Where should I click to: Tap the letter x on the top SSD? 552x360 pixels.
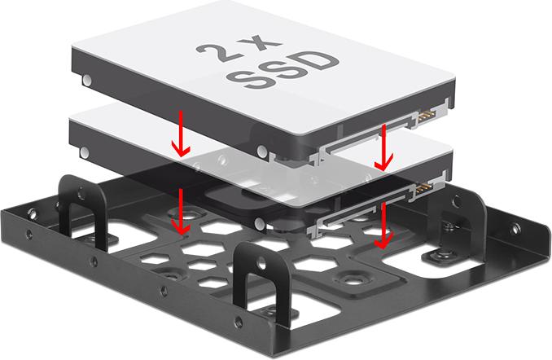(x=260, y=43)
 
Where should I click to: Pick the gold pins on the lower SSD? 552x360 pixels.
(x=424, y=187)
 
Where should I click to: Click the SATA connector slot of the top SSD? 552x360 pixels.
(x=366, y=138)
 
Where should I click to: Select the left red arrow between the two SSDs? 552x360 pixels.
(x=181, y=134)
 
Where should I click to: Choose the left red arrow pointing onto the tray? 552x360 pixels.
(x=181, y=211)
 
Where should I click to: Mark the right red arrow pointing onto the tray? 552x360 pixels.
(x=383, y=226)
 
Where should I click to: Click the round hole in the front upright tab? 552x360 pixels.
(x=261, y=261)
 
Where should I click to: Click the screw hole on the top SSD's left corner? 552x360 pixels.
(x=87, y=81)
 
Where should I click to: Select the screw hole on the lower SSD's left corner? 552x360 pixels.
(x=85, y=152)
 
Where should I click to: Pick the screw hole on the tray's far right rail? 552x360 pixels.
(x=516, y=230)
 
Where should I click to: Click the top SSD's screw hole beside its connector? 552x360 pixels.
(x=262, y=151)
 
